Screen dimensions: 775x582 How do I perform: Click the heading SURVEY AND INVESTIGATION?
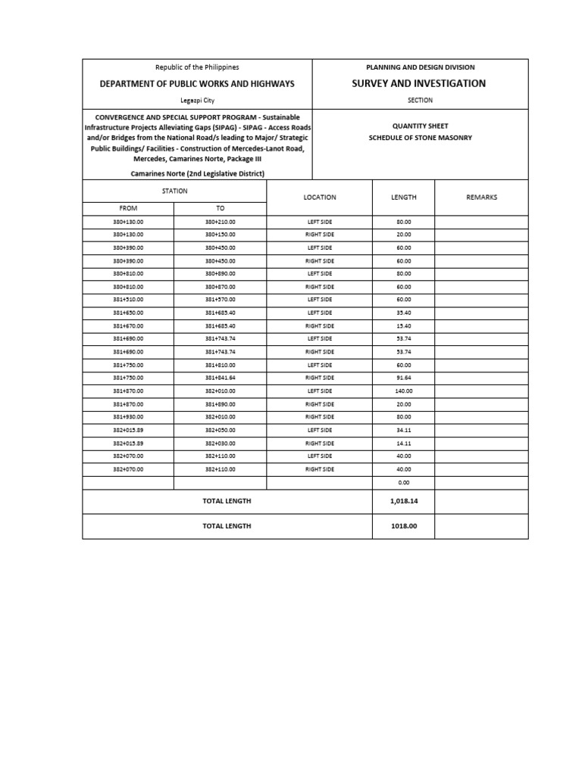tap(419, 83)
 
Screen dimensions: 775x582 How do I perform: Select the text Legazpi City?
tap(197, 100)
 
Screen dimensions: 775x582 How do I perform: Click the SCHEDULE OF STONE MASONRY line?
tap(420, 138)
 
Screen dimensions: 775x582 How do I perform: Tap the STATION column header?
tap(174, 191)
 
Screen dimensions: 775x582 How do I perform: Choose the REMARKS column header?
tap(481, 197)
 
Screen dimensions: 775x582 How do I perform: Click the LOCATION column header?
tap(320, 197)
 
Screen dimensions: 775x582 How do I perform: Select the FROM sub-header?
tap(128, 208)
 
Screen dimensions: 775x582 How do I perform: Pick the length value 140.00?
tap(403, 391)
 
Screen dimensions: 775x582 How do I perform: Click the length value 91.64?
tap(403, 378)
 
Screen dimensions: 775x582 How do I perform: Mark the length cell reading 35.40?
tap(403, 313)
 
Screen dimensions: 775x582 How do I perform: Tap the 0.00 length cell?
tap(403, 482)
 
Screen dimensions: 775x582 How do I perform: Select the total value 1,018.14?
tap(403, 501)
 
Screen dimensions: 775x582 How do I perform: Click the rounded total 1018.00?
tap(403, 526)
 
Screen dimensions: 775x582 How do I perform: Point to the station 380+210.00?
tap(221, 222)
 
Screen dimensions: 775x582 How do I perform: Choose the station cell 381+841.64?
tap(221, 378)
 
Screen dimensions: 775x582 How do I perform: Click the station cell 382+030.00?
tap(221, 444)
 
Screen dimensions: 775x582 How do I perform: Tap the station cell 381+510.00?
tap(128, 300)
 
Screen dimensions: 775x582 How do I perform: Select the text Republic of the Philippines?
tap(197, 67)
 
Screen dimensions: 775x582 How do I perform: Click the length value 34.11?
tap(403, 430)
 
